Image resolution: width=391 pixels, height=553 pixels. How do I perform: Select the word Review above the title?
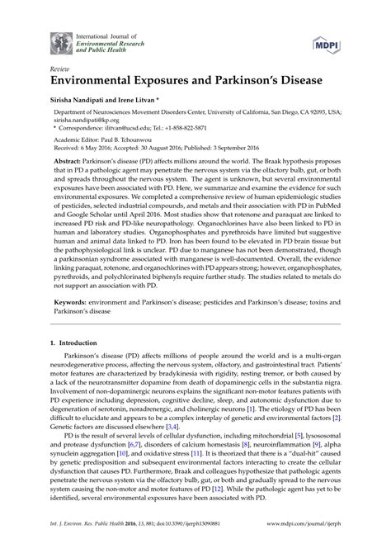pyautogui.click(x=61, y=71)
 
